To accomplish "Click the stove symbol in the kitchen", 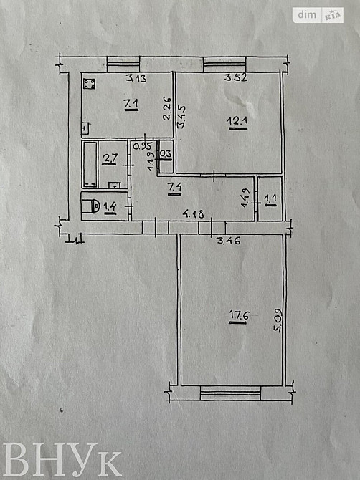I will tap(89, 85).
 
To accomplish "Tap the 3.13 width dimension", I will tap(136, 78).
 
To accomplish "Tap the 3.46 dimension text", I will tap(229, 241).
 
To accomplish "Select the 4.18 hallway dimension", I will tap(192, 213).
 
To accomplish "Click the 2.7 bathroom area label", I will tap(110, 159).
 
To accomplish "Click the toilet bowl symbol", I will tap(89, 207).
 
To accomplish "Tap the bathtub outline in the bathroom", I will tap(90, 164).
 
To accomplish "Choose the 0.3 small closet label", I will tap(166, 153).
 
